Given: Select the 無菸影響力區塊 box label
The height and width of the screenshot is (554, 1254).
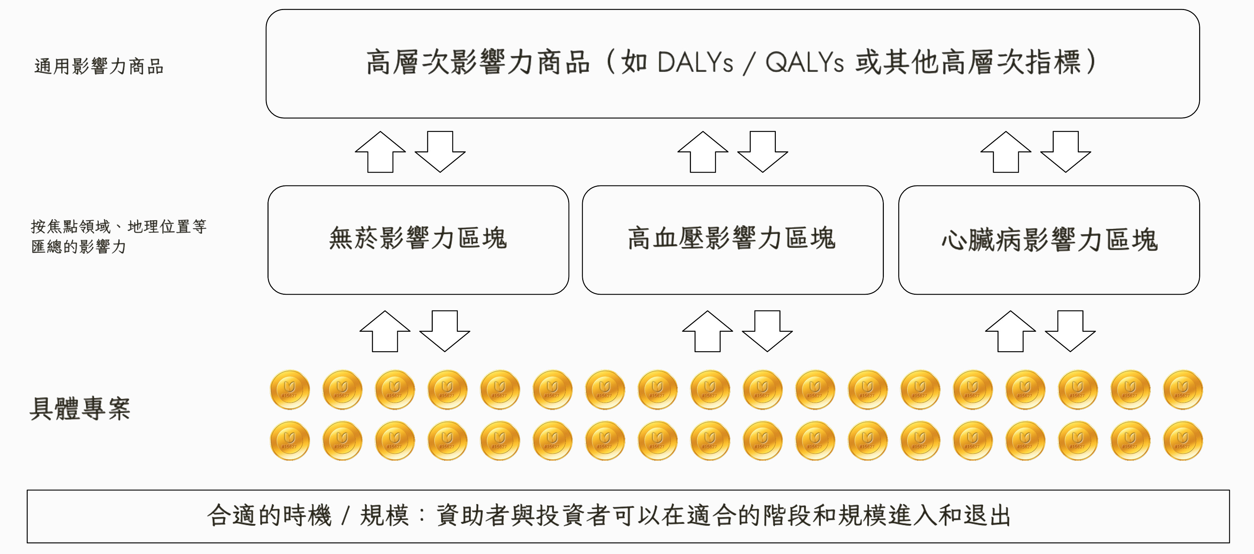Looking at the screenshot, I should click(x=418, y=238).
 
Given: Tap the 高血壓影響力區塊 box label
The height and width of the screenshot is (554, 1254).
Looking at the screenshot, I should click(x=732, y=238).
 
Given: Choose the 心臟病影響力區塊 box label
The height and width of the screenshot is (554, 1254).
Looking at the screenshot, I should click(x=1049, y=240).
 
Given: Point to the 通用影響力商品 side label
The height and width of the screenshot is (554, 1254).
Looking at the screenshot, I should click(x=99, y=66).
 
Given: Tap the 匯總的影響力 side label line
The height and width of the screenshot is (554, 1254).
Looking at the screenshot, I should click(x=79, y=247).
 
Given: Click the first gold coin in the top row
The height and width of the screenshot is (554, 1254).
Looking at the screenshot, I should click(x=290, y=390).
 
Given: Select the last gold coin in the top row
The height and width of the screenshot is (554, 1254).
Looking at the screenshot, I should click(x=1182, y=390).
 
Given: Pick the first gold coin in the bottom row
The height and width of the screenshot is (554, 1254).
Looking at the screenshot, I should click(x=290, y=441).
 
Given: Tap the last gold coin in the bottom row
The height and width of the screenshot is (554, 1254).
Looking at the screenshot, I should click(x=1182, y=441).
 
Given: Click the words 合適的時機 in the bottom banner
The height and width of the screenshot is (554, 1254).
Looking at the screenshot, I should click(x=269, y=516).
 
